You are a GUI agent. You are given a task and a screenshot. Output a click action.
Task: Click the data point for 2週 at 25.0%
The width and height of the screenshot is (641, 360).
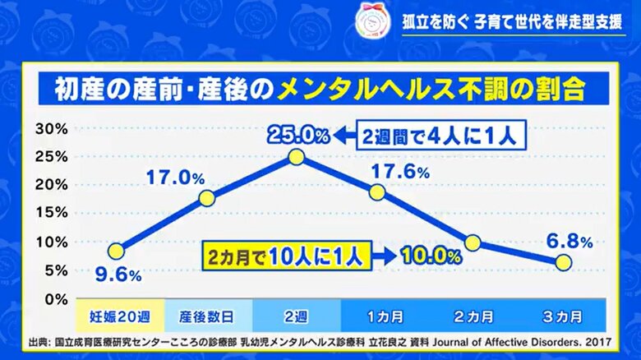pyautogui.click(x=297, y=157)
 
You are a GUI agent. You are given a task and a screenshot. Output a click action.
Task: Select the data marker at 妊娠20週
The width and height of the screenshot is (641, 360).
pyautogui.click(x=116, y=251)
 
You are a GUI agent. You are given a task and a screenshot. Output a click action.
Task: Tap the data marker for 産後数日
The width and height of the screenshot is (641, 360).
pyautogui.click(x=207, y=198)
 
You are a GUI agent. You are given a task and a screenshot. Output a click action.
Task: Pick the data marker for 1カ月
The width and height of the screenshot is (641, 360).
pyautogui.click(x=377, y=192)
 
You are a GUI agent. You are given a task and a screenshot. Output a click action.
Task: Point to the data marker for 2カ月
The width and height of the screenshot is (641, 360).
pyautogui.click(x=473, y=242)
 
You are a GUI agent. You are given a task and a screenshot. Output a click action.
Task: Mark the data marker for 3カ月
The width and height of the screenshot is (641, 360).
pyautogui.click(x=563, y=262)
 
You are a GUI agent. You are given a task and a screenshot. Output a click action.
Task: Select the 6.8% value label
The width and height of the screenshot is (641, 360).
pyautogui.click(x=570, y=242)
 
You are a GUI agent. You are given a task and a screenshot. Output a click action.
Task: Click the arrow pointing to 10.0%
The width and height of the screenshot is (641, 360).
pyautogui.click(x=384, y=256)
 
